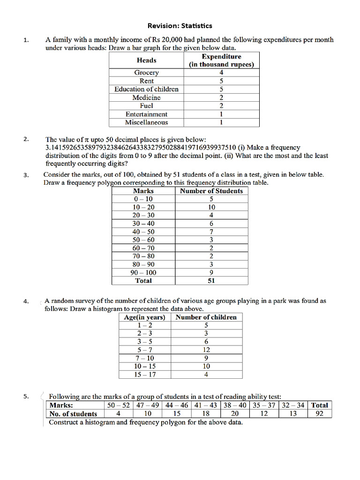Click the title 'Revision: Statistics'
[x=180, y=26]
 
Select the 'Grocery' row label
[x=146, y=73]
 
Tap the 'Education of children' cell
[x=146, y=89]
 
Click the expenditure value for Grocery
[x=221, y=73]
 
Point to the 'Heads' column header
[x=146, y=60]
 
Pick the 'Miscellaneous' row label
[x=146, y=122]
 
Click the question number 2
[x=26, y=139]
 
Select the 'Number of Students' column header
[x=211, y=191]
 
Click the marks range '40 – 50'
[x=143, y=232]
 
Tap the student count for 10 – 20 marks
[x=211, y=207]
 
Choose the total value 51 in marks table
[x=211, y=281]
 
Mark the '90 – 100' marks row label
[x=143, y=272]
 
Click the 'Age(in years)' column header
[x=144, y=317]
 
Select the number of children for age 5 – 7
[x=206, y=350]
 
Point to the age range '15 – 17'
[x=144, y=375]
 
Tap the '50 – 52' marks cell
[x=118, y=405]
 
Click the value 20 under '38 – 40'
[x=235, y=414]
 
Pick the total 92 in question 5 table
[x=320, y=414]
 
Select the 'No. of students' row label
[x=74, y=414]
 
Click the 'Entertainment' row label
[x=146, y=114]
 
